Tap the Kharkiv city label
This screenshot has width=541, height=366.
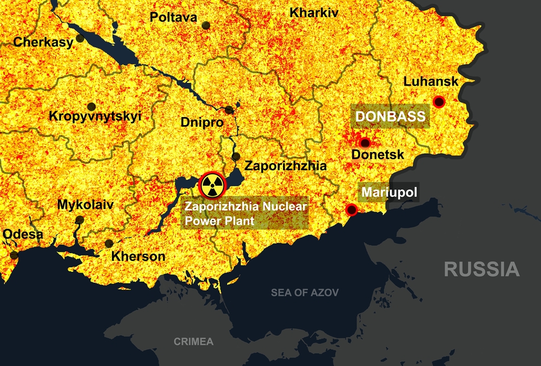[314, 12]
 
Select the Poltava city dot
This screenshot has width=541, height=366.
[206, 25]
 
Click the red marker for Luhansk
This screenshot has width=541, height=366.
[439, 101]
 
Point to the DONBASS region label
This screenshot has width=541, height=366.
[390, 116]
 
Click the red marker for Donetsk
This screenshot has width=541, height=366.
[365, 143]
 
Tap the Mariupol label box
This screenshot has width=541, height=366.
[390, 193]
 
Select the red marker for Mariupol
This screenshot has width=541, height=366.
[352, 210]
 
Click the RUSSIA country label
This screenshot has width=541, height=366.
[481, 269]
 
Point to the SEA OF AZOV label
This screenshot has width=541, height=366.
[305, 293]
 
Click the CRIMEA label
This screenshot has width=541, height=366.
[193, 342]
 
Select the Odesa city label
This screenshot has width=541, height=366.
[23, 234]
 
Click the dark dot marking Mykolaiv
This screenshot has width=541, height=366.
[80, 220]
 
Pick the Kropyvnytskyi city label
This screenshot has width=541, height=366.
[95, 116]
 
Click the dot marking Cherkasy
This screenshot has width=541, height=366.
[80, 38]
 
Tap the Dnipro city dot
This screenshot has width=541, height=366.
[229, 110]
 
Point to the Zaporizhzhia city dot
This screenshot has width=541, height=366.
[236, 157]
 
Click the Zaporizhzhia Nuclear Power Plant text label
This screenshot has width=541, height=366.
[246, 214]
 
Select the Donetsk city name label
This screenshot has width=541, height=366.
[378, 155]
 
